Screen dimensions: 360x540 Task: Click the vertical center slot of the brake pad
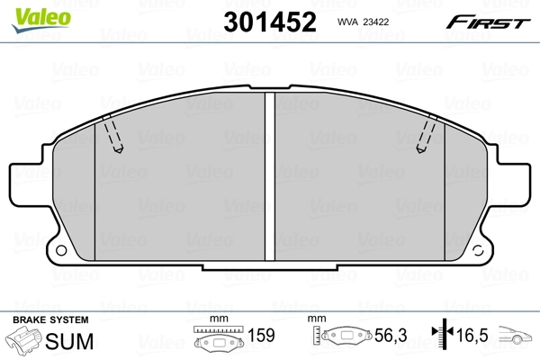tap(269, 175)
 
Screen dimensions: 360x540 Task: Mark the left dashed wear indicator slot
tap(113, 136)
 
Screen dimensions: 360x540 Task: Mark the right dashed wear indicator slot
tap(425, 136)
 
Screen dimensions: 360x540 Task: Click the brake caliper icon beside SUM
tap(24, 341)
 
